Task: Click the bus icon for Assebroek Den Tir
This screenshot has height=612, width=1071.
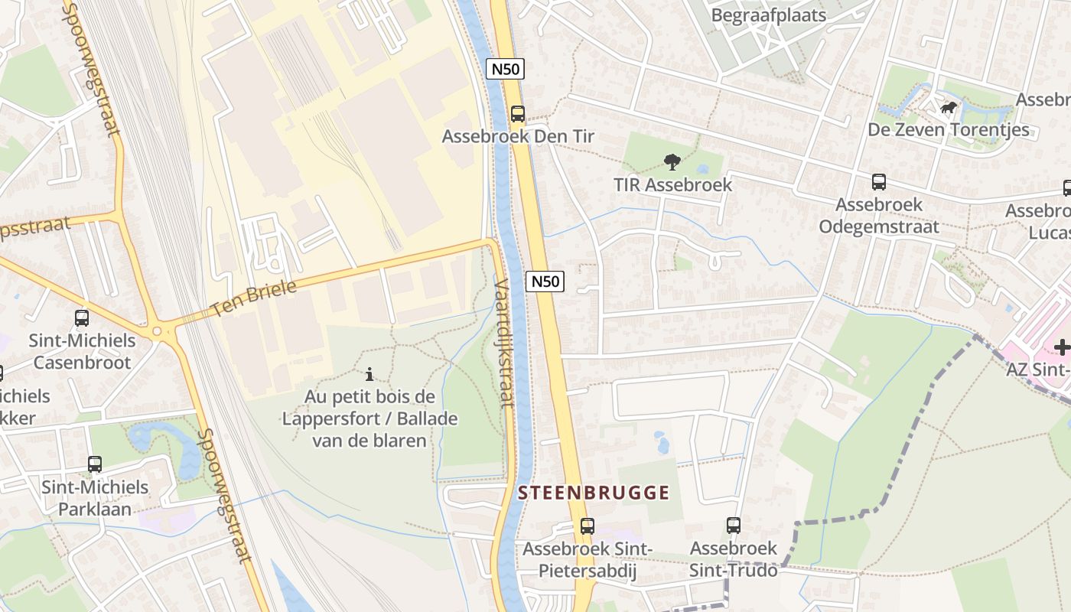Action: tap(518, 114)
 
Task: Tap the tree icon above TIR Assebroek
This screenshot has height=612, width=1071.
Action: tap(672, 161)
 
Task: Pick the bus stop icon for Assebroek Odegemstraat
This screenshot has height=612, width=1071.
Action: tap(879, 182)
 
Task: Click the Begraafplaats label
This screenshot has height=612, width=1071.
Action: tap(768, 15)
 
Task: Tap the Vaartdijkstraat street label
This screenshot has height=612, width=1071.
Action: tap(503, 342)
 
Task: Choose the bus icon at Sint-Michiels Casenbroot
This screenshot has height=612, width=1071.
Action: tap(82, 318)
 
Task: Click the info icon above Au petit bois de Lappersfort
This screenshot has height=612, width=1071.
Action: tap(369, 374)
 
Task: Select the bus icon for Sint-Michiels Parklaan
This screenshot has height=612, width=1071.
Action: tap(95, 464)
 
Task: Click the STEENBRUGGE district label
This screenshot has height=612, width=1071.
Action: tap(594, 493)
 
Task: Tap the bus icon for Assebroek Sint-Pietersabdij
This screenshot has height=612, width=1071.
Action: tap(587, 526)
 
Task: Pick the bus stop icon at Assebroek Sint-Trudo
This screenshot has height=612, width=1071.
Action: tap(734, 526)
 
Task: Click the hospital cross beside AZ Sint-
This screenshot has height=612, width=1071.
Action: tap(1061, 347)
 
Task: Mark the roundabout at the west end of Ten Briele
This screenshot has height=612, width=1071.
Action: tap(158, 331)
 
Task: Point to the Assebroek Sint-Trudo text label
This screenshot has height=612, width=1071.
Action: tap(734, 559)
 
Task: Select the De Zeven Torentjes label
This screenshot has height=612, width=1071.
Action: tap(948, 129)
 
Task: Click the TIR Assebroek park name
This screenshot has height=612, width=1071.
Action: tap(672, 184)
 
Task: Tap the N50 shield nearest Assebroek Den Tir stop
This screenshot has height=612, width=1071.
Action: tap(506, 69)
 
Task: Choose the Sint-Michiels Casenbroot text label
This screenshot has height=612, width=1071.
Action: tap(82, 351)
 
